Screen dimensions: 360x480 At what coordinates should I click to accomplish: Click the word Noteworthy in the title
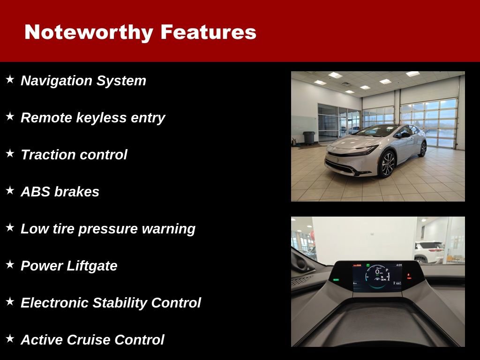click(89, 32)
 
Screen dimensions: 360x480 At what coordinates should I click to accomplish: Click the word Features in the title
click(208, 32)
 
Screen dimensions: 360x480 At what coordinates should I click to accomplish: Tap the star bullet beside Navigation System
click(10, 80)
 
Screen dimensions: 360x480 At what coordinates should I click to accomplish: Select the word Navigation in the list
click(57, 81)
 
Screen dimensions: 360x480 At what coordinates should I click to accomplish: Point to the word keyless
click(100, 118)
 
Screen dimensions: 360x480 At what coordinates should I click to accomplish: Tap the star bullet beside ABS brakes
click(10, 191)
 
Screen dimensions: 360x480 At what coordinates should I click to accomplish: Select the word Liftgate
click(91, 266)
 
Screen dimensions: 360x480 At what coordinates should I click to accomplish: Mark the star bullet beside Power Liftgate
click(10, 265)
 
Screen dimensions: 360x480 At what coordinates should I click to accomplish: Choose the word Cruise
click(89, 340)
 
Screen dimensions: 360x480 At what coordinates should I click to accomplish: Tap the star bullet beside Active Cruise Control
click(10, 339)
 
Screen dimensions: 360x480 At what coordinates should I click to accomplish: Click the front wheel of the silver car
click(387, 165)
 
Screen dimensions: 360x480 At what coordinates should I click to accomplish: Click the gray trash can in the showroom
click(308, 138)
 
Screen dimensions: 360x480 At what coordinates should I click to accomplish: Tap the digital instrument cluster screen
click(377, 277)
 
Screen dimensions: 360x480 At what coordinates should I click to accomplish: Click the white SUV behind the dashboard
click(429, 251)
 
